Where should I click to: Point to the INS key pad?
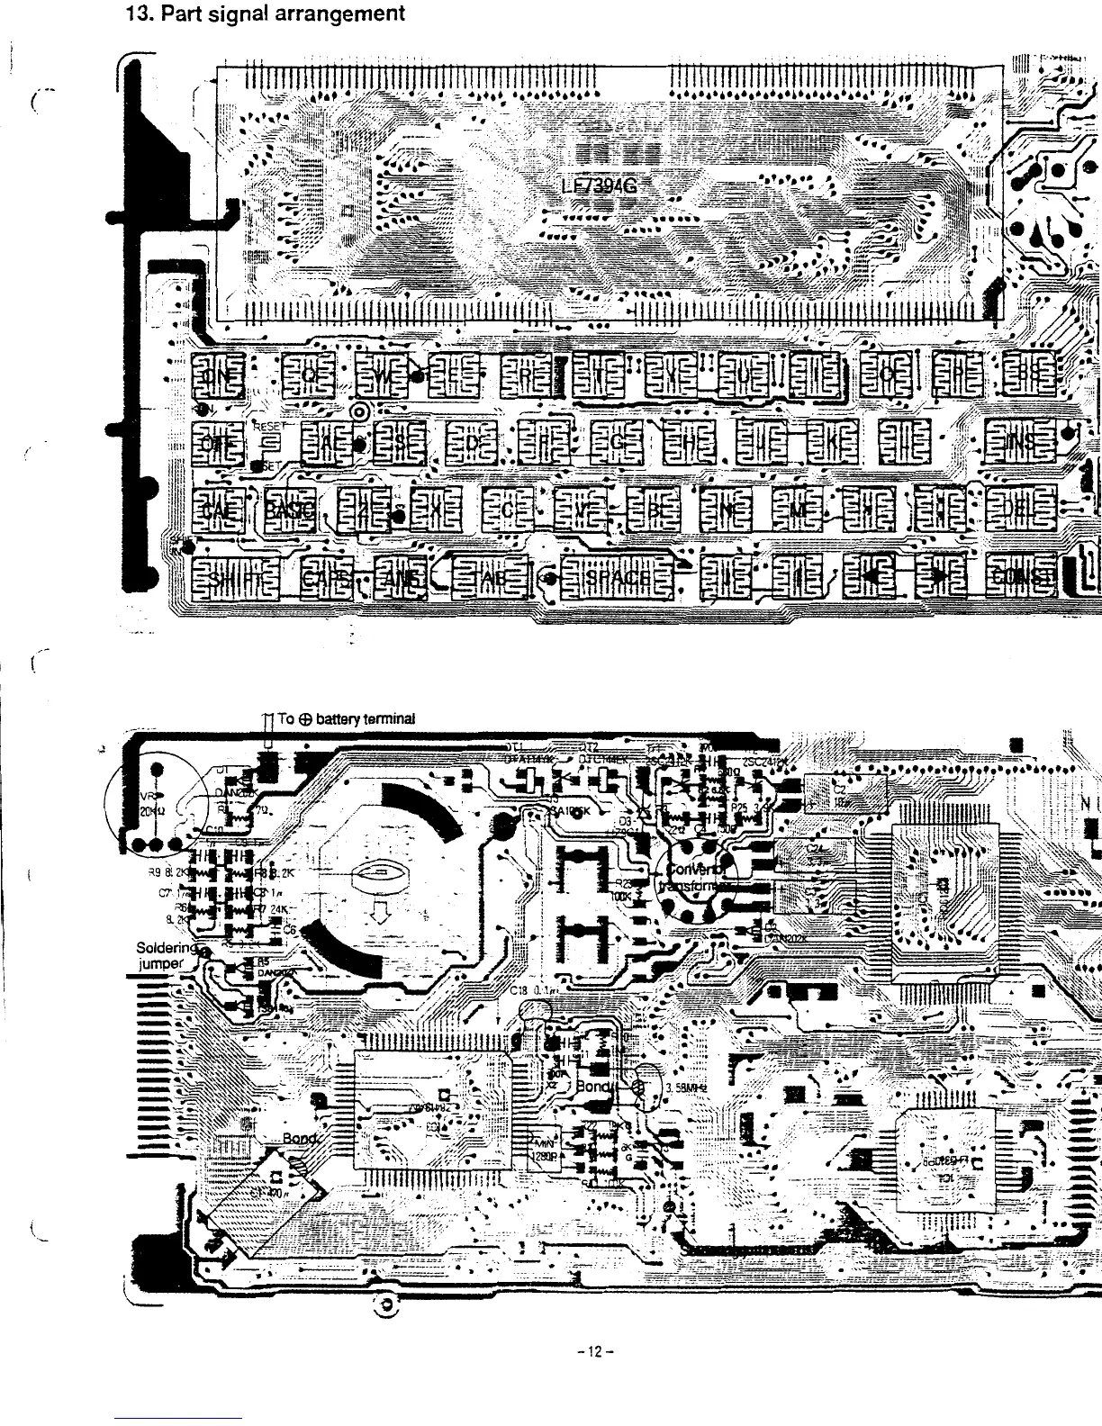1020,443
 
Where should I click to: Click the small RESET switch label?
268,426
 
